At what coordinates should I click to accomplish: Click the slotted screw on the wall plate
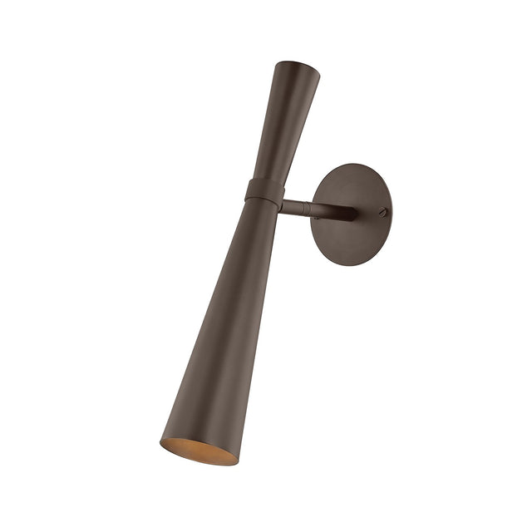[382, 212]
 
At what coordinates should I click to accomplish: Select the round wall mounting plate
[352, 214]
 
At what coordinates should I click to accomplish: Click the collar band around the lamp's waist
[266, 190]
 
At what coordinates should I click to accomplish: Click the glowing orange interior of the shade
[199, 451]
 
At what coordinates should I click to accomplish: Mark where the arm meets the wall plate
[352, 214]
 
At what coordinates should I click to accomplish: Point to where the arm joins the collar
[283, 203]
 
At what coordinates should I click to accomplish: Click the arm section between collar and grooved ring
[295, 204]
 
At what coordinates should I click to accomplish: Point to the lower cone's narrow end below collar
[261, 216]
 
